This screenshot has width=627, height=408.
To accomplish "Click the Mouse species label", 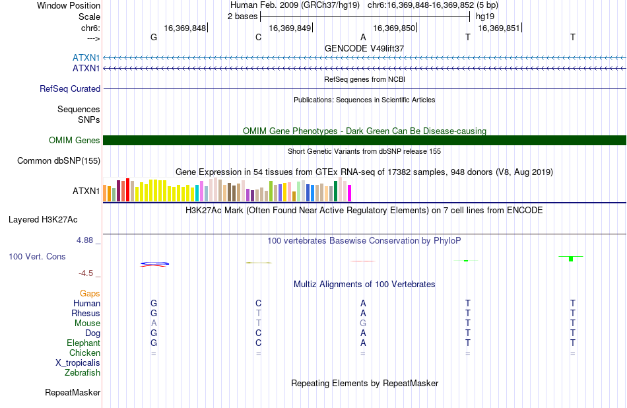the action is pyautogui.click(x=87, y=323).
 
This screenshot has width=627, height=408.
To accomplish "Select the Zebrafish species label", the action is pyautogui.click(x=82, y=373).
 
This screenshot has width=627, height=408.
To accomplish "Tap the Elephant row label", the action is pyautogui.click(x=84, y=343).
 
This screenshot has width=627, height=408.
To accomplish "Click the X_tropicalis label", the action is pyautogui.click(x=78, y=363).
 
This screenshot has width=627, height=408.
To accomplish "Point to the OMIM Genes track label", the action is pyautogui.click(x=75, y=141).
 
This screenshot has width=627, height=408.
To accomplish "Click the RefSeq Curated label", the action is pyautogui.click(x=70, y=89).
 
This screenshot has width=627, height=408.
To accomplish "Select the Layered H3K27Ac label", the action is pyautogui.click(x=43, y=220).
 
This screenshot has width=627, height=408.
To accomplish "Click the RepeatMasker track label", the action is pyautogui.click(x=73, y=393).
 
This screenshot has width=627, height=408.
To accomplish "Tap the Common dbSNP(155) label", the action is pyautogui.click(x=59, y=161).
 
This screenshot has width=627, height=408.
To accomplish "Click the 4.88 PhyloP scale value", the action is pyautogui.click(x=84, y=240).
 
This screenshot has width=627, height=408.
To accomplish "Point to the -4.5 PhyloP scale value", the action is pyautogui.click(x=86, y=273).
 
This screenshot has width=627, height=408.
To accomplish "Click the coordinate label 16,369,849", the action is pyautogui.click(x=290, y=28).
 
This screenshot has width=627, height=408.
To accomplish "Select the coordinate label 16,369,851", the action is pyautogui.click(x=499, y=28).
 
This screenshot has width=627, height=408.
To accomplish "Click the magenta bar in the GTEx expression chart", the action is pyautogui.click(x=350, y=193).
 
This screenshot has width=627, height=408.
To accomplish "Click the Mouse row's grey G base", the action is pyautogui.click(x=363, y=323).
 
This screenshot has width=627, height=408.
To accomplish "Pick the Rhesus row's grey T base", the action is pyautogui.click(x=259, y=313).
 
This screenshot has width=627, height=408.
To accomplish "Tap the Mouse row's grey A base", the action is pyautogui.click(x=154, y=323).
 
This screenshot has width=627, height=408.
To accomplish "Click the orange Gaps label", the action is pyautogui.click(x=90, y=294).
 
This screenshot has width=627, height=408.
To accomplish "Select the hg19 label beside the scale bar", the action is pyautogui.click(x=485, y=17).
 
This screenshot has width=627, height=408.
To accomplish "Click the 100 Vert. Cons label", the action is pyautogui.click(x=37, y=256).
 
